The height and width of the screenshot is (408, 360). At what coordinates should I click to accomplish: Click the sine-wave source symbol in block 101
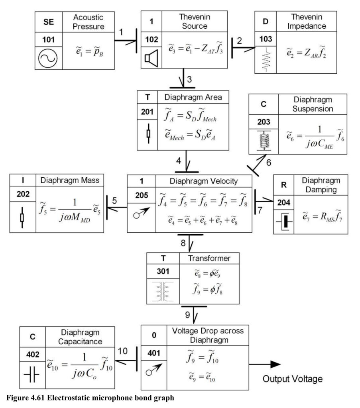point(48,58)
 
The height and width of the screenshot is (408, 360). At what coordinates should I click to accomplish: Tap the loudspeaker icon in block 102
point(151,58)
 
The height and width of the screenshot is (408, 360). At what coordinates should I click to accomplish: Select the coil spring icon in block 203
point(264,141)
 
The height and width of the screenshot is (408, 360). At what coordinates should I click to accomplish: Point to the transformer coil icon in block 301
point(163,291)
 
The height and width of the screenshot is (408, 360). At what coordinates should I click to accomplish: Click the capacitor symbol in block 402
point(31,375)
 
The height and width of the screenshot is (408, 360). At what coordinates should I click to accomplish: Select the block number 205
point(142,195)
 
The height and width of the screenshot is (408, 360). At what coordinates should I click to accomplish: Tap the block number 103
point(266,39)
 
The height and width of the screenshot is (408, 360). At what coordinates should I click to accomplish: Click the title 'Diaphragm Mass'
point(70,180)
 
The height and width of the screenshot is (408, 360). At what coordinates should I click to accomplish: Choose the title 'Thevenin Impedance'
point(307,22)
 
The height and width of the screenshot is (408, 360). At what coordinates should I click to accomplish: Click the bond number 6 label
point(269,163)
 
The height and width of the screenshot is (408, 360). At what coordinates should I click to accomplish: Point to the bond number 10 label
point(123,351)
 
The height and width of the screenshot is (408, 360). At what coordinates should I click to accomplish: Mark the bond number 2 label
point(240,41)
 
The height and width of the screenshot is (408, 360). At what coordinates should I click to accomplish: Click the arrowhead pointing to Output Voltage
point(275,364)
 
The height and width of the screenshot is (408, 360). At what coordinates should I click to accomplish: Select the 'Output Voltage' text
point(293,379)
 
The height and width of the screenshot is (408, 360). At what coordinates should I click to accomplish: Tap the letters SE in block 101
point(49,22)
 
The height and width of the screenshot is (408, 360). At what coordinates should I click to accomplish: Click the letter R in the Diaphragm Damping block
point(284,185)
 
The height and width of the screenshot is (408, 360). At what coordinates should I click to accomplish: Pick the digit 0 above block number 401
point(154,335)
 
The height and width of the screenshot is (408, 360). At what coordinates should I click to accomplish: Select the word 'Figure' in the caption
point(18,398)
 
